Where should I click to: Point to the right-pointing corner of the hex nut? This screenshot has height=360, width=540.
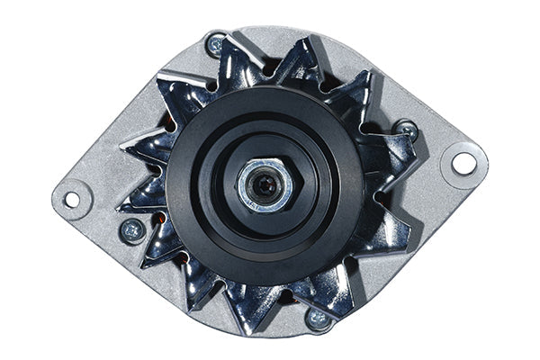292,185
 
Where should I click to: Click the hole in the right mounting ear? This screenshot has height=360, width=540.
463,163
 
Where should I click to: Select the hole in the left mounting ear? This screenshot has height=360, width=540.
71,199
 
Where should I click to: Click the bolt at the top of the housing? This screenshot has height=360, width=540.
215,43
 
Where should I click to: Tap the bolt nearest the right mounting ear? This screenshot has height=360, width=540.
407,130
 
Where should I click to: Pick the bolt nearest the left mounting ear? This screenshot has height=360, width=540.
132,229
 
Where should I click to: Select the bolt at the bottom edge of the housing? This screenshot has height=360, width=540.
318,317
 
